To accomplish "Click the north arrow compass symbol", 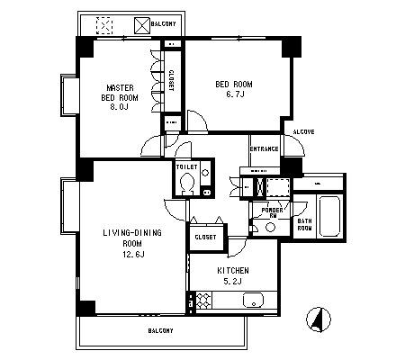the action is [x=319, y=319].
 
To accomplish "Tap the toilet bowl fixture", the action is [x=187, y=184].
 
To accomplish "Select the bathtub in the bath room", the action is [x=329, y=216].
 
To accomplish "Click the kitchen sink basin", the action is [x=253, y=301].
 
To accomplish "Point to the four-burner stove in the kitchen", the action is [x=203, y=301].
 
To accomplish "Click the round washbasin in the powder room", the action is [x=270, y=228].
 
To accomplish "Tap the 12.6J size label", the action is [x=133, y=255].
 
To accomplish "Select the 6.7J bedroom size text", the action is [x=235, y=94].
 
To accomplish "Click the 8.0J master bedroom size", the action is [x=119, y=107].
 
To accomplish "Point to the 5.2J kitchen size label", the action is [x=233, y=281].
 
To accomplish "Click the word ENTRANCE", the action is [x=264, y=149].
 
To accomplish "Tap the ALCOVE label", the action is [x=303, y=131].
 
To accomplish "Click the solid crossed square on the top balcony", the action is [x=141, y=25].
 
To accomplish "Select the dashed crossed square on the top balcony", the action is [x=104, y=25].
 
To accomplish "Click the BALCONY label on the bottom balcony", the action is [x=160, y=330].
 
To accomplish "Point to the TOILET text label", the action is [x=186, y=166].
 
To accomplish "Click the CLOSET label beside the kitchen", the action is [x=205, y=237].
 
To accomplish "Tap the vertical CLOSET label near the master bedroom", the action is [x=171, y=80].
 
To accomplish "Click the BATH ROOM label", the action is [x=304, y=224].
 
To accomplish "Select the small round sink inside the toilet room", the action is [x=205, y=173].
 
